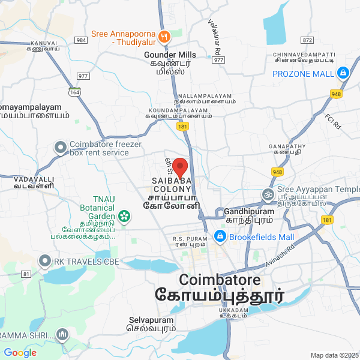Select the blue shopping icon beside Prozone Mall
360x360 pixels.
tap(343, 73)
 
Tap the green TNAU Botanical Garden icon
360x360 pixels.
tap(124, 215)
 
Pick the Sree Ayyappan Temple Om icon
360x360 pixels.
tap(267, 194)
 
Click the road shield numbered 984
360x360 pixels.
tap(81, 40)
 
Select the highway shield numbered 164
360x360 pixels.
tap(74, 92)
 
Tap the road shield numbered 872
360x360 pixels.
tap(308, 40)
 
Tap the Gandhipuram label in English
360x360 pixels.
tap(248, 212)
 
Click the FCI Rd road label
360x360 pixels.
tap(332, 122)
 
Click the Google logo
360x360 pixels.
tap(20, 353)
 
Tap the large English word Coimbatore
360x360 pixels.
tap(220, 280)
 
